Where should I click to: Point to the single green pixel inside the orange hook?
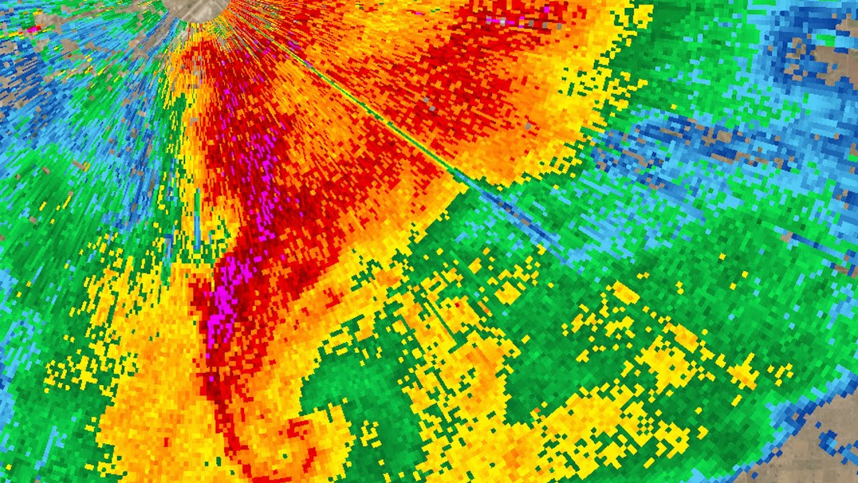coord(285,456)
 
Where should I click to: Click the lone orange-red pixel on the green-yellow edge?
coord(536,410)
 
